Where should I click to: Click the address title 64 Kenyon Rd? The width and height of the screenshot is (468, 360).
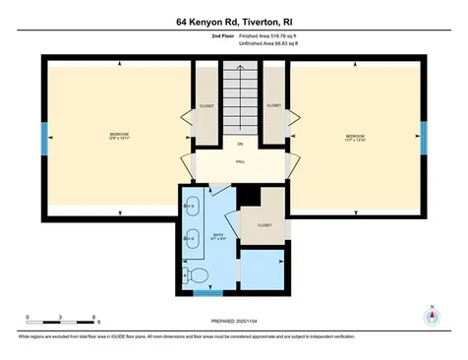pyautogui.click(x=234, y=20)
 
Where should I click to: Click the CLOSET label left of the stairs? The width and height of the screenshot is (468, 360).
pyautogui.click(x=206, y=105)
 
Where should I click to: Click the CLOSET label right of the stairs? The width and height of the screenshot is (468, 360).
pyautogui.click(x=274, y=105)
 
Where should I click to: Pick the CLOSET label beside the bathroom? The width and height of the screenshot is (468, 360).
pyautogui.click(x=264, y=224)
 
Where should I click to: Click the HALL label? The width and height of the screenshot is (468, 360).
pyautogui.click(x=239, y=163)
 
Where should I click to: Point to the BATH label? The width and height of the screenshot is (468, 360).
pyautogui.click(x=219, y=235)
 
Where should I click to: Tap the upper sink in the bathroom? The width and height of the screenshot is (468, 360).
pyautogui.click(x=190, y=206)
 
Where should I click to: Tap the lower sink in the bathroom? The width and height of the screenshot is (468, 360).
pyautogui.click(x=190, y=239)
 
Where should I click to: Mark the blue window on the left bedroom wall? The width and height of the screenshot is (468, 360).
pyautogui.click(x=43, y=137)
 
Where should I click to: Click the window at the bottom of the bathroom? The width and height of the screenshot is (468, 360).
pyautogui.click(x=207, y=292)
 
